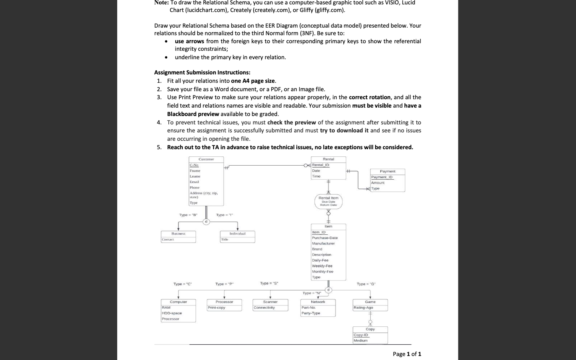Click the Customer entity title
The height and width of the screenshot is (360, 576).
coord(206,159)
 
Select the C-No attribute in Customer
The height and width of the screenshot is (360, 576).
coord(194,165)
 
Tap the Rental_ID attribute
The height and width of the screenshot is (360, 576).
coord(320,165)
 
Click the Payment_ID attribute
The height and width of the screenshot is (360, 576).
coord(382,177)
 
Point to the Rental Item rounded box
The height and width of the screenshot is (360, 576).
coord(328,201)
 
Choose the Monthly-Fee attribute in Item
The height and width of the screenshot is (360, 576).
coord(322,272)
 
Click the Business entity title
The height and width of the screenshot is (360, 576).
coord(178,234)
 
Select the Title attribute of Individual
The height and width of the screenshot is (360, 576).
coord(225,240)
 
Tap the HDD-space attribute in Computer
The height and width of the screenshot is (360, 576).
coord(172,313)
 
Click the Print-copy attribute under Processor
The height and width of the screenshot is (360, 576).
coord(216,308)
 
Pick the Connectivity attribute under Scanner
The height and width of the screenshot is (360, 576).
coord(264,308)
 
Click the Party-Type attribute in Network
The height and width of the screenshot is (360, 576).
coord(311,313)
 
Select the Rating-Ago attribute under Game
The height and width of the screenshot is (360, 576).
coord(363,308)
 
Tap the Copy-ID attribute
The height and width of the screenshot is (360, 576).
coord(360,335)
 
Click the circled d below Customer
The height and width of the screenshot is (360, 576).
coord(206,222)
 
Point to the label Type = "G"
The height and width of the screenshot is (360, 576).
coord(366,284)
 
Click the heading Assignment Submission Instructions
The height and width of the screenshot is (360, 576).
coord(202,72)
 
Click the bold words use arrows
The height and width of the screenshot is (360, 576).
coord(189,41)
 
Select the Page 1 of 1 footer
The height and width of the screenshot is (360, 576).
coord(407,354)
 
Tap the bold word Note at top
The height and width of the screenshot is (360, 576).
coord(161,3)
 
